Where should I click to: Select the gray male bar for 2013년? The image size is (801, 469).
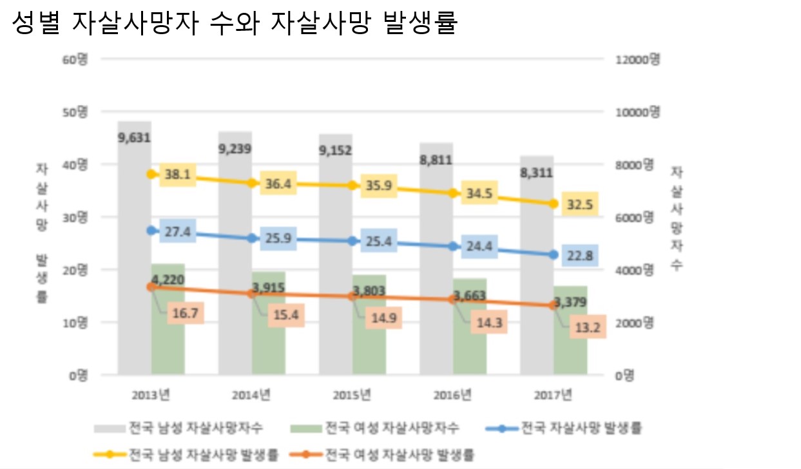(x=134, y=258)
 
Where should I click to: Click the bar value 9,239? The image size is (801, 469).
(x=235, y=149)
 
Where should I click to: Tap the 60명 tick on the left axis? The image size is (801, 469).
(x=75, y=59)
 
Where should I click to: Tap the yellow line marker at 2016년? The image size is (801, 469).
(x=453, y=193)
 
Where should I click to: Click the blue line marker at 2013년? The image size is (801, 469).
(x=151, y=230)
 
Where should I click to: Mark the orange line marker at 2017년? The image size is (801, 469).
(x=554, y=305)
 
